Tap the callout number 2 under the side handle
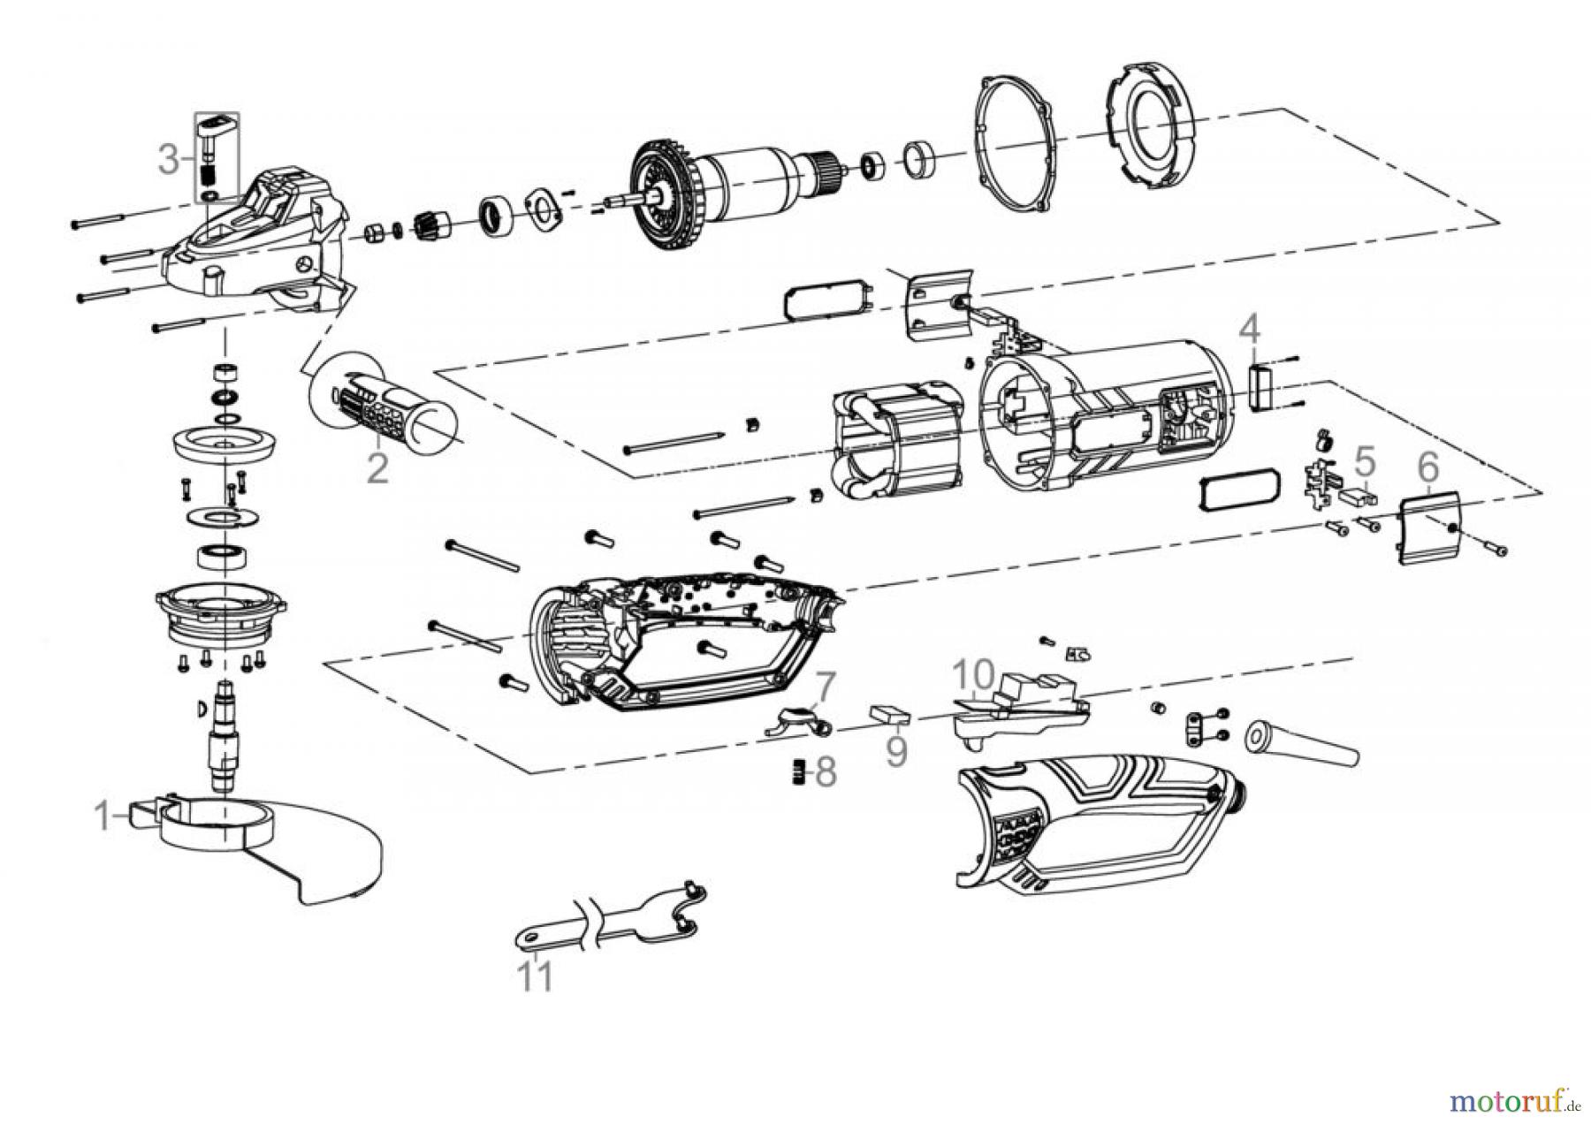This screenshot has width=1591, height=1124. click(377, 467)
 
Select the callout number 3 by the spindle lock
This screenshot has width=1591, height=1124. click(169, 160)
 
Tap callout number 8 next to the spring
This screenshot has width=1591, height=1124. click(825, 771)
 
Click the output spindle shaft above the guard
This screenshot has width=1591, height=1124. click(225, 738)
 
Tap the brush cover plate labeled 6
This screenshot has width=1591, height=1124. click(1433, 528)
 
